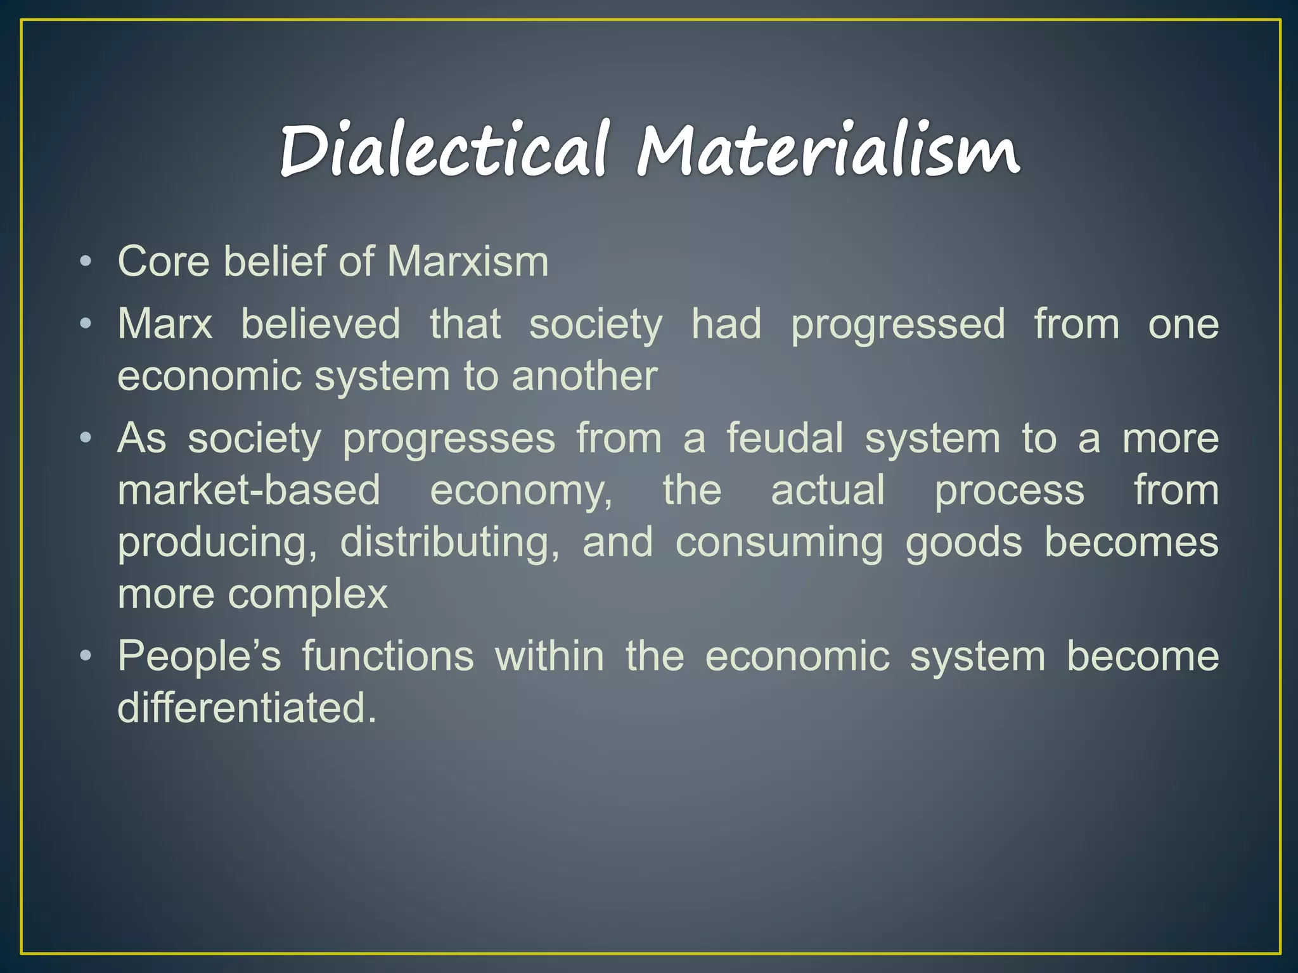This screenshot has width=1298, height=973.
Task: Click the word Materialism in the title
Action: point(828,149)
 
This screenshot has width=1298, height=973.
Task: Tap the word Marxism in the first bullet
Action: point(468,261)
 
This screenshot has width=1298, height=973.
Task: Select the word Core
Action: point(164,261)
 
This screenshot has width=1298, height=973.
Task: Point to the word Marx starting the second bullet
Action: point(165,324)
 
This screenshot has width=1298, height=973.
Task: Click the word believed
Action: point(321,324)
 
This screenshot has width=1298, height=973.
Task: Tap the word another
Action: point(584,376)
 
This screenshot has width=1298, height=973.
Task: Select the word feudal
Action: point(785,438)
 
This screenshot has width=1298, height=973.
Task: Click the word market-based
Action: point(249,490)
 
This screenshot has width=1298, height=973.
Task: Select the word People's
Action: point(199,656)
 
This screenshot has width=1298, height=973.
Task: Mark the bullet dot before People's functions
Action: point(86,656)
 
